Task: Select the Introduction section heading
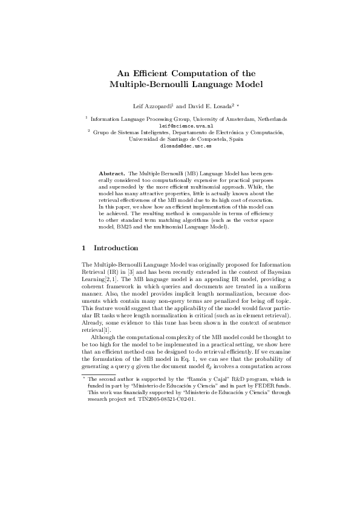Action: click(116, 248)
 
